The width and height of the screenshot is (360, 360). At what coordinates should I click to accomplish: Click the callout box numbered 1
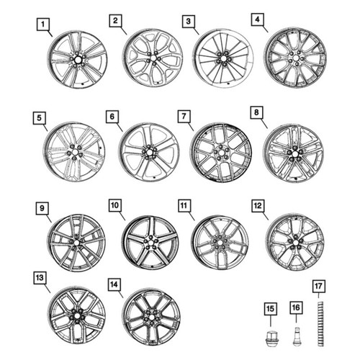point(42,24)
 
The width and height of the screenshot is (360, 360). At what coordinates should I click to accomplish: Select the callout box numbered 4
point(257,19)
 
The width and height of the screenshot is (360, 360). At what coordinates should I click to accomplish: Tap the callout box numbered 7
point(184,116)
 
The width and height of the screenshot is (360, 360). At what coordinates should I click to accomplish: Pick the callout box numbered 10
point(115,205)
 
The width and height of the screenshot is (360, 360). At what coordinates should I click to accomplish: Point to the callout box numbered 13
point(40,278)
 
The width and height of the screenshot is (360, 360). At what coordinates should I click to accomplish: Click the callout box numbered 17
point(319,287)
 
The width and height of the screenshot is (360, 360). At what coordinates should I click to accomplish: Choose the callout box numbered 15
point(271,309)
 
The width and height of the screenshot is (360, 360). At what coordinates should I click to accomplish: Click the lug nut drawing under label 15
point(271,338)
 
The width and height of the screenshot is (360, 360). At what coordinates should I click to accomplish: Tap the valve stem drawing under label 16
point(297,336)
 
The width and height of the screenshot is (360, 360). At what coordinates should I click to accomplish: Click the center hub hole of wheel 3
point(223,58)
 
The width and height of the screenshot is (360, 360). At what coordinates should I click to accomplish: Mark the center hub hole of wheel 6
point(149,153)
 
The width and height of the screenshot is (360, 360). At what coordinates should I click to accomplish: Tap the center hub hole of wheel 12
point(295,243)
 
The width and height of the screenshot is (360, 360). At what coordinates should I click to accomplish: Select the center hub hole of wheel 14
point(150,317)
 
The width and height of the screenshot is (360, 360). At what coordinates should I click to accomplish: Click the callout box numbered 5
point(39,118)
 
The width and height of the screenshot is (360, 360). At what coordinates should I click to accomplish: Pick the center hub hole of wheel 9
point(76,243)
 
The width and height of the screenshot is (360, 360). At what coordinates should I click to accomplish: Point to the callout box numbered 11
point(184,206)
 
